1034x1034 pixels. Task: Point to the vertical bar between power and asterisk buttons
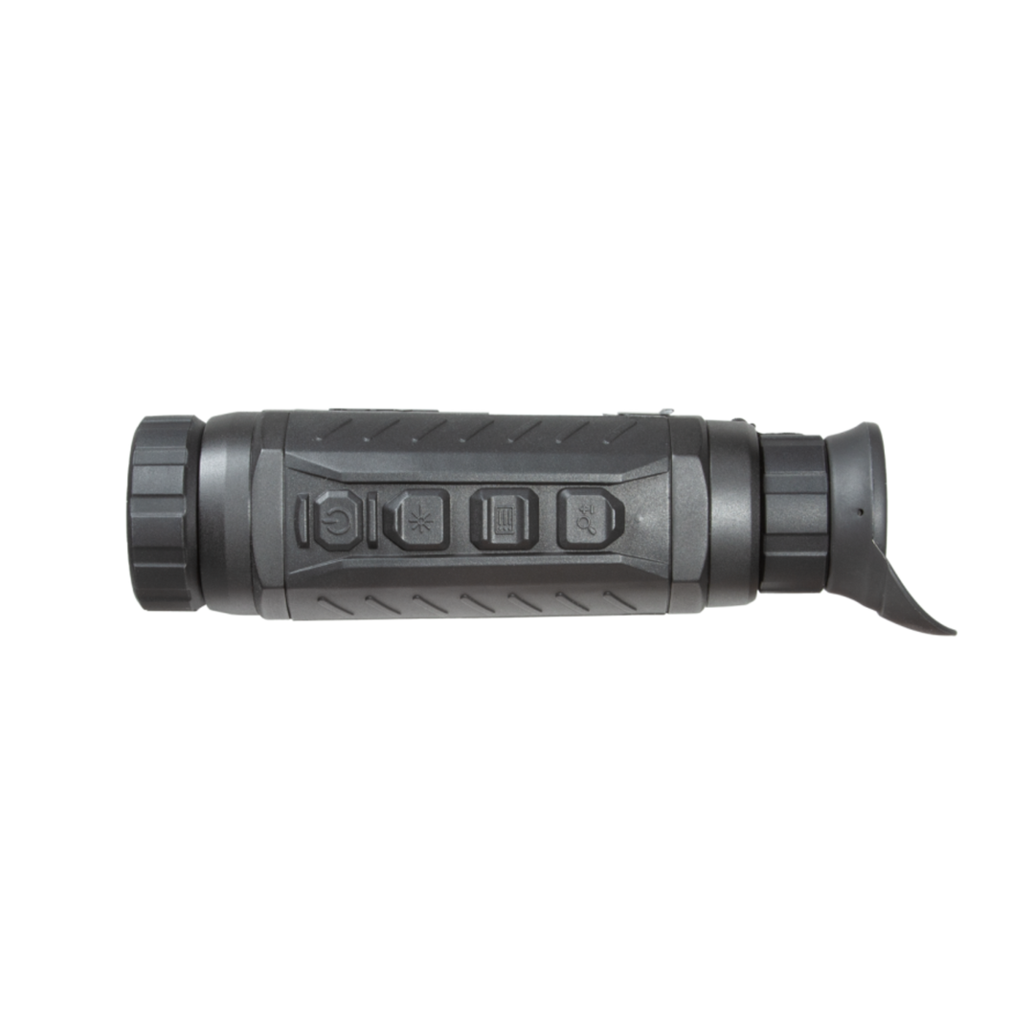(x=370, y=520)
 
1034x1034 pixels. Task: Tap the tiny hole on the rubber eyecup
(x=859, y=510)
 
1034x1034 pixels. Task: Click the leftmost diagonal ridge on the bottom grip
(x=316, y=604)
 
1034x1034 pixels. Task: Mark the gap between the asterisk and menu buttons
(x=458, y=520)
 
